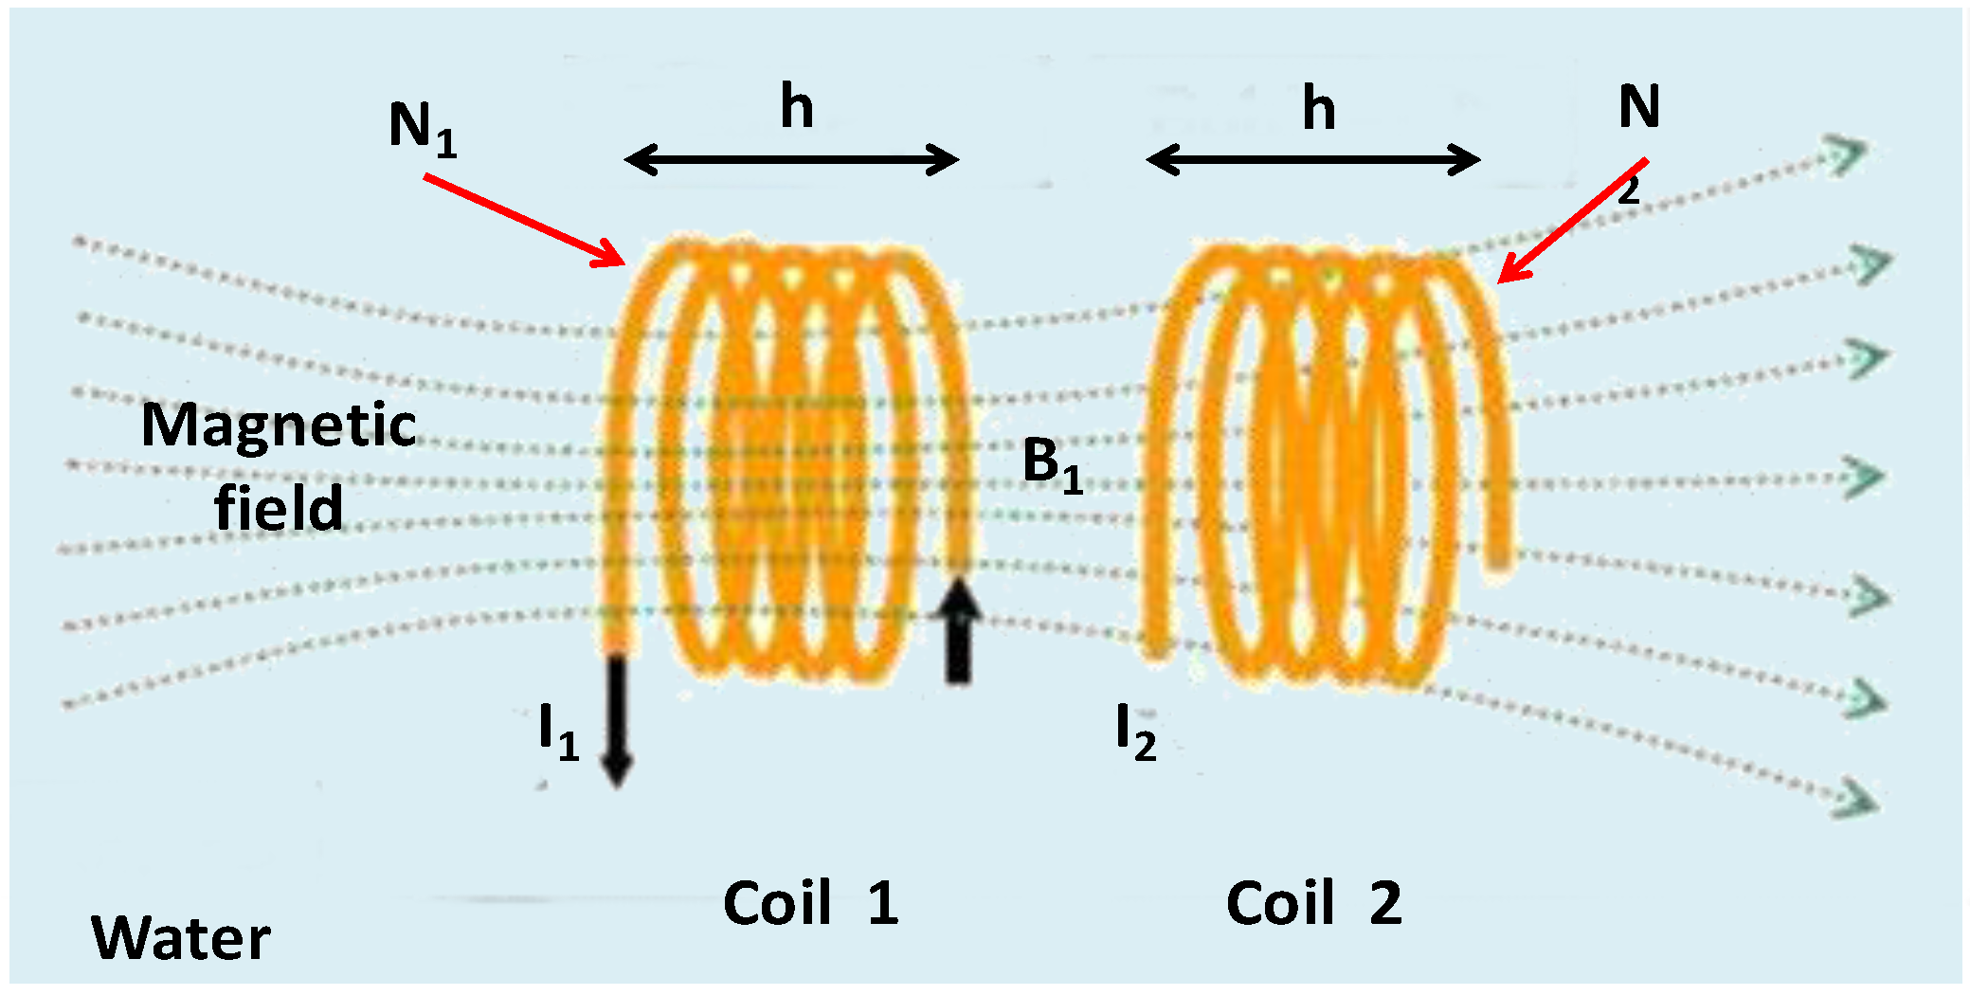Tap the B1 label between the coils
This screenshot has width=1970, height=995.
tap(1053, 465)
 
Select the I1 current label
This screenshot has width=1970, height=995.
tap(558, 733)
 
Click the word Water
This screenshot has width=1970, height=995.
tap(180, 938)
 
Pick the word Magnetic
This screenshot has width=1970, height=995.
tap(279, 425)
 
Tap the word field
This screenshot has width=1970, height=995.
tap(279, 508)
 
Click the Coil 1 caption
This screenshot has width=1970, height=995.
tap(810, 902)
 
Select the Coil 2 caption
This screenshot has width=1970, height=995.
tap(1313, 902)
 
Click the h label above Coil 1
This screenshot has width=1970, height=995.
tap(797, 106)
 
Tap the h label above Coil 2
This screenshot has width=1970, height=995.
tap(1319, 108)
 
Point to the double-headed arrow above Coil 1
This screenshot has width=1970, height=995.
tap(792, 159)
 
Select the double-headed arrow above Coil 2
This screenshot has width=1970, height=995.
tap(1313, 159)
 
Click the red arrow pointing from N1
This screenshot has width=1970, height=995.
tap(524, 220)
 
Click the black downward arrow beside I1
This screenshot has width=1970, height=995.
tap(617, 720)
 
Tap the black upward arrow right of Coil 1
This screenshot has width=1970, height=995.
tap(958, 630)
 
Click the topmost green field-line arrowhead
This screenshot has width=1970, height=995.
tap(1846, 154)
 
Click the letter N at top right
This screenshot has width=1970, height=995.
tap(1638, 106)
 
